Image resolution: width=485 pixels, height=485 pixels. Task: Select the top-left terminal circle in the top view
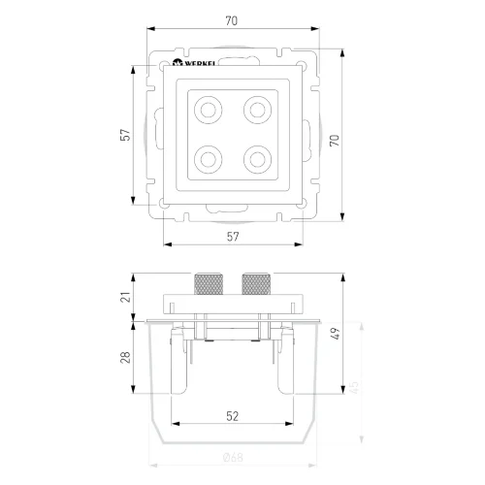click(208, 110)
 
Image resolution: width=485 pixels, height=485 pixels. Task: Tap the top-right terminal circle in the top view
click(255, 110)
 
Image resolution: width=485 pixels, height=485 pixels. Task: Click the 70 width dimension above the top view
click(231, 18)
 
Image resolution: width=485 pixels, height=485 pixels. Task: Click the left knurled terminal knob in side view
click(208, 285)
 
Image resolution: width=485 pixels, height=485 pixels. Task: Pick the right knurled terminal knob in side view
click(255, 285)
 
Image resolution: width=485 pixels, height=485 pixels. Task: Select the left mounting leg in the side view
click(178, 359)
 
